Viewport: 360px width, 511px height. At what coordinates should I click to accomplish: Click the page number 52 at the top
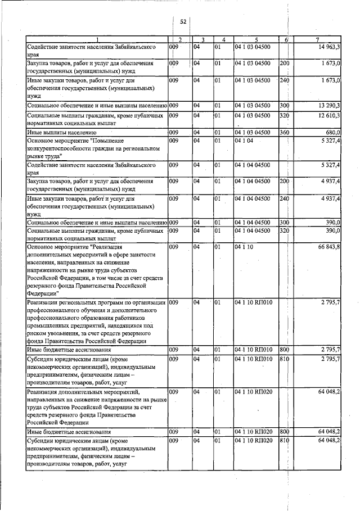point(183,21)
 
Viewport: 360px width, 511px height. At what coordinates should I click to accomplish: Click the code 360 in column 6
point(284,132)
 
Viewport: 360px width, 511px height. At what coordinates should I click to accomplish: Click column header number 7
point(318,39)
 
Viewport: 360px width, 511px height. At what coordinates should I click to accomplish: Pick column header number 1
point(97,39)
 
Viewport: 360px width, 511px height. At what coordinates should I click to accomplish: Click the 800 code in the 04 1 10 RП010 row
point(284,350)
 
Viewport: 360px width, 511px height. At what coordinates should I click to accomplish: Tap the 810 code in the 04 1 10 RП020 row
point(284,441)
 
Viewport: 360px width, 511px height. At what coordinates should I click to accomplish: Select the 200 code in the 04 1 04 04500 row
point(284,182)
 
